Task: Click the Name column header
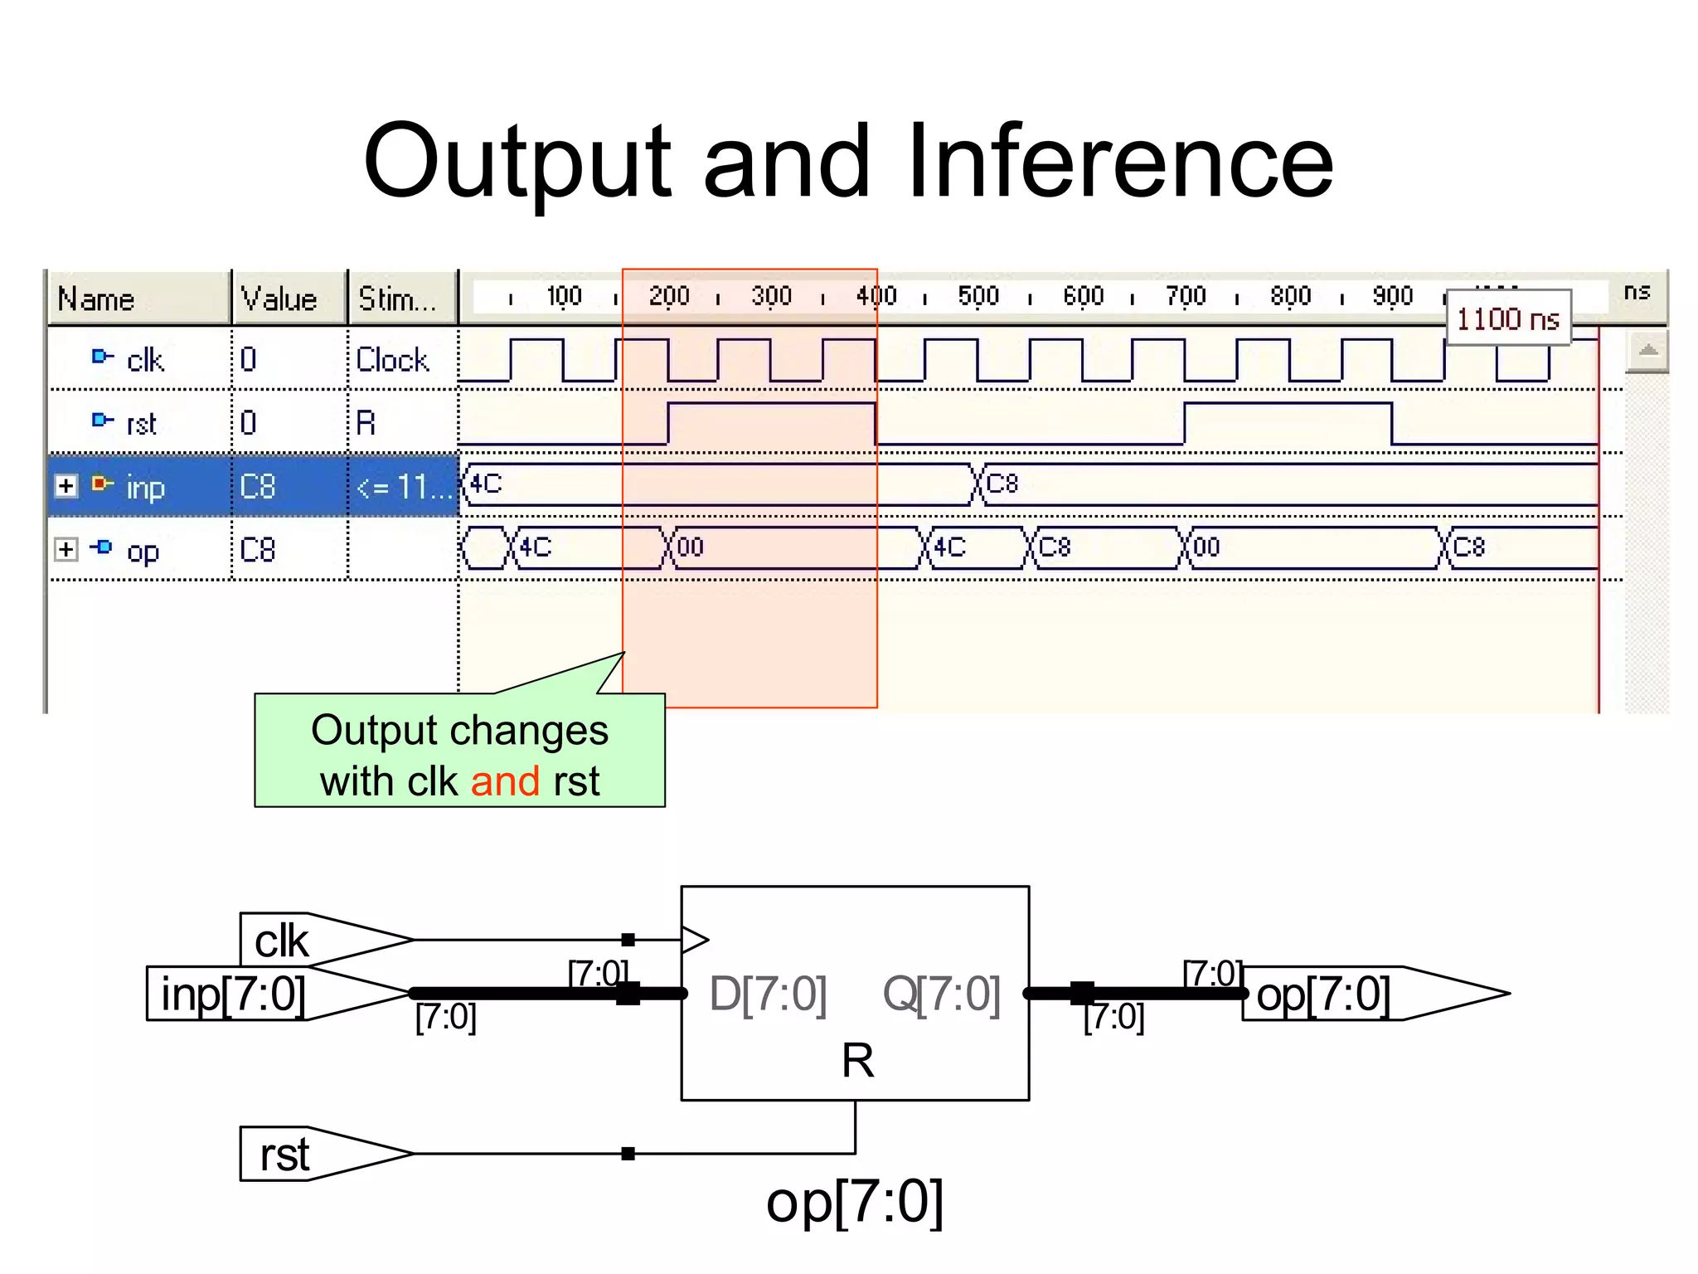click(x=96, y=299)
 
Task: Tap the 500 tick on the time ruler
click(x=978, y=296)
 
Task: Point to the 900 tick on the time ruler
click(x=1392, y=296)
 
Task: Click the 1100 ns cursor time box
click(x=1507, y=318)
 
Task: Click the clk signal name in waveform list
click(x=145, y=360)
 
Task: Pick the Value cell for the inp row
click(x=257, y=486)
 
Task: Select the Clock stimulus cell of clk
click(x=392, y=360)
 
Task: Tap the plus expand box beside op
click(x=66, y=549)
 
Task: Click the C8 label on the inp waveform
click(x=1002, y=484)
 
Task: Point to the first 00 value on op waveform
click(x=690, y=547)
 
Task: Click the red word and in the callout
click(x=505, y=781)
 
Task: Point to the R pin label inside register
click(x=857, y=1061)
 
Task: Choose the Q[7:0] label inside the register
click(x=942, y=994)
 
